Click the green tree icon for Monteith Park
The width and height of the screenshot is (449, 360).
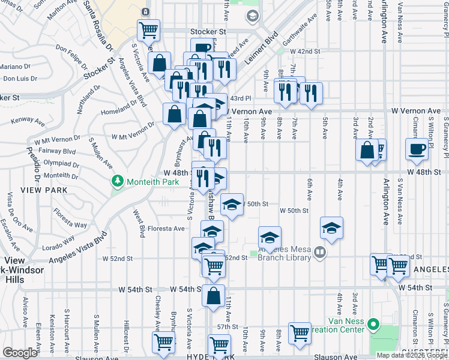pos(118,181)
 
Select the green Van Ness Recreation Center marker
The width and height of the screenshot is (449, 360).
pos(373,326)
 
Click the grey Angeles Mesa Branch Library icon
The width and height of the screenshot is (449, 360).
pos(320,254)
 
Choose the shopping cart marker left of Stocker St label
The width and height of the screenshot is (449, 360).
pos(148,29)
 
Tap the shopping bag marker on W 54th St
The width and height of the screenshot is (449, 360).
pos(214,296)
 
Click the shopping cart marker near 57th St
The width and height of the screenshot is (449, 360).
pos(300,332)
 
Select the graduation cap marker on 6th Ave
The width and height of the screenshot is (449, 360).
pos(331,227)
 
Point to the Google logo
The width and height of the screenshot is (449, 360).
pos(20,353)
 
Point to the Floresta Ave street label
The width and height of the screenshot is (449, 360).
pos(166,229)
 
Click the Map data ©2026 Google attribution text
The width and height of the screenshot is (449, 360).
pos(412,355)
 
